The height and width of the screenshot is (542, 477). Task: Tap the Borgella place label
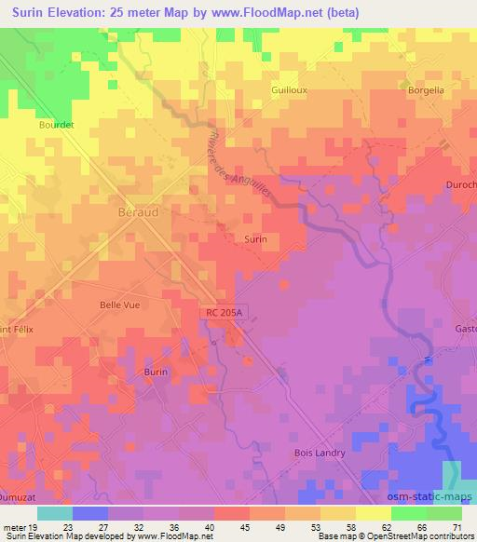pos(428,92)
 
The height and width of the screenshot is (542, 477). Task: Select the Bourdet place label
pos(56,123)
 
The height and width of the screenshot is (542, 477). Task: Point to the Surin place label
pos(255,239)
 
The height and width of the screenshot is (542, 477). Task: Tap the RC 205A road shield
pos(225,316)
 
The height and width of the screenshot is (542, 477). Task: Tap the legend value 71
pos(457,527)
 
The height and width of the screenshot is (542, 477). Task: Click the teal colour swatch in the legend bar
pos(55,514)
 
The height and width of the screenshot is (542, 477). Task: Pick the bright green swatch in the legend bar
pos(409,514)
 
